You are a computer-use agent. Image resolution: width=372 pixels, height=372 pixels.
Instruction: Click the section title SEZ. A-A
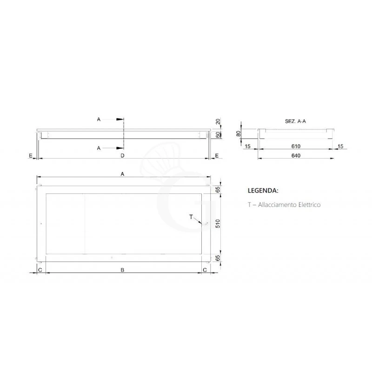(x=296, y=120)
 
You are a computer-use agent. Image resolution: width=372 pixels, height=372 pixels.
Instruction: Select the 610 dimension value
(x=296, y=146)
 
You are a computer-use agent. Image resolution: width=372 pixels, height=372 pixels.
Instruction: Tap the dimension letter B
(x=123, y=270)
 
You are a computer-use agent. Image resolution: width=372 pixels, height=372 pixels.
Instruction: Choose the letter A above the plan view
(x=123, y=173)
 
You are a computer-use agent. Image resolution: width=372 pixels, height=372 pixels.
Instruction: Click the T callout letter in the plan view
(x=191, y=217)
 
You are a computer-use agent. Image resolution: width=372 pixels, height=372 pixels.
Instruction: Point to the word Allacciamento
(x=274, y=204)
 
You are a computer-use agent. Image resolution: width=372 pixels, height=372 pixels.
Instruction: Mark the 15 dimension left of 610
(x=247, y=146)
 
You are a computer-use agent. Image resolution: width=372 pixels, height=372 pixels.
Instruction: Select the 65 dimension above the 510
(x=217, y=190)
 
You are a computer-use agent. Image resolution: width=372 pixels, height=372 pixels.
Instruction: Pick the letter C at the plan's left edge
(x=40, y=270)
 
